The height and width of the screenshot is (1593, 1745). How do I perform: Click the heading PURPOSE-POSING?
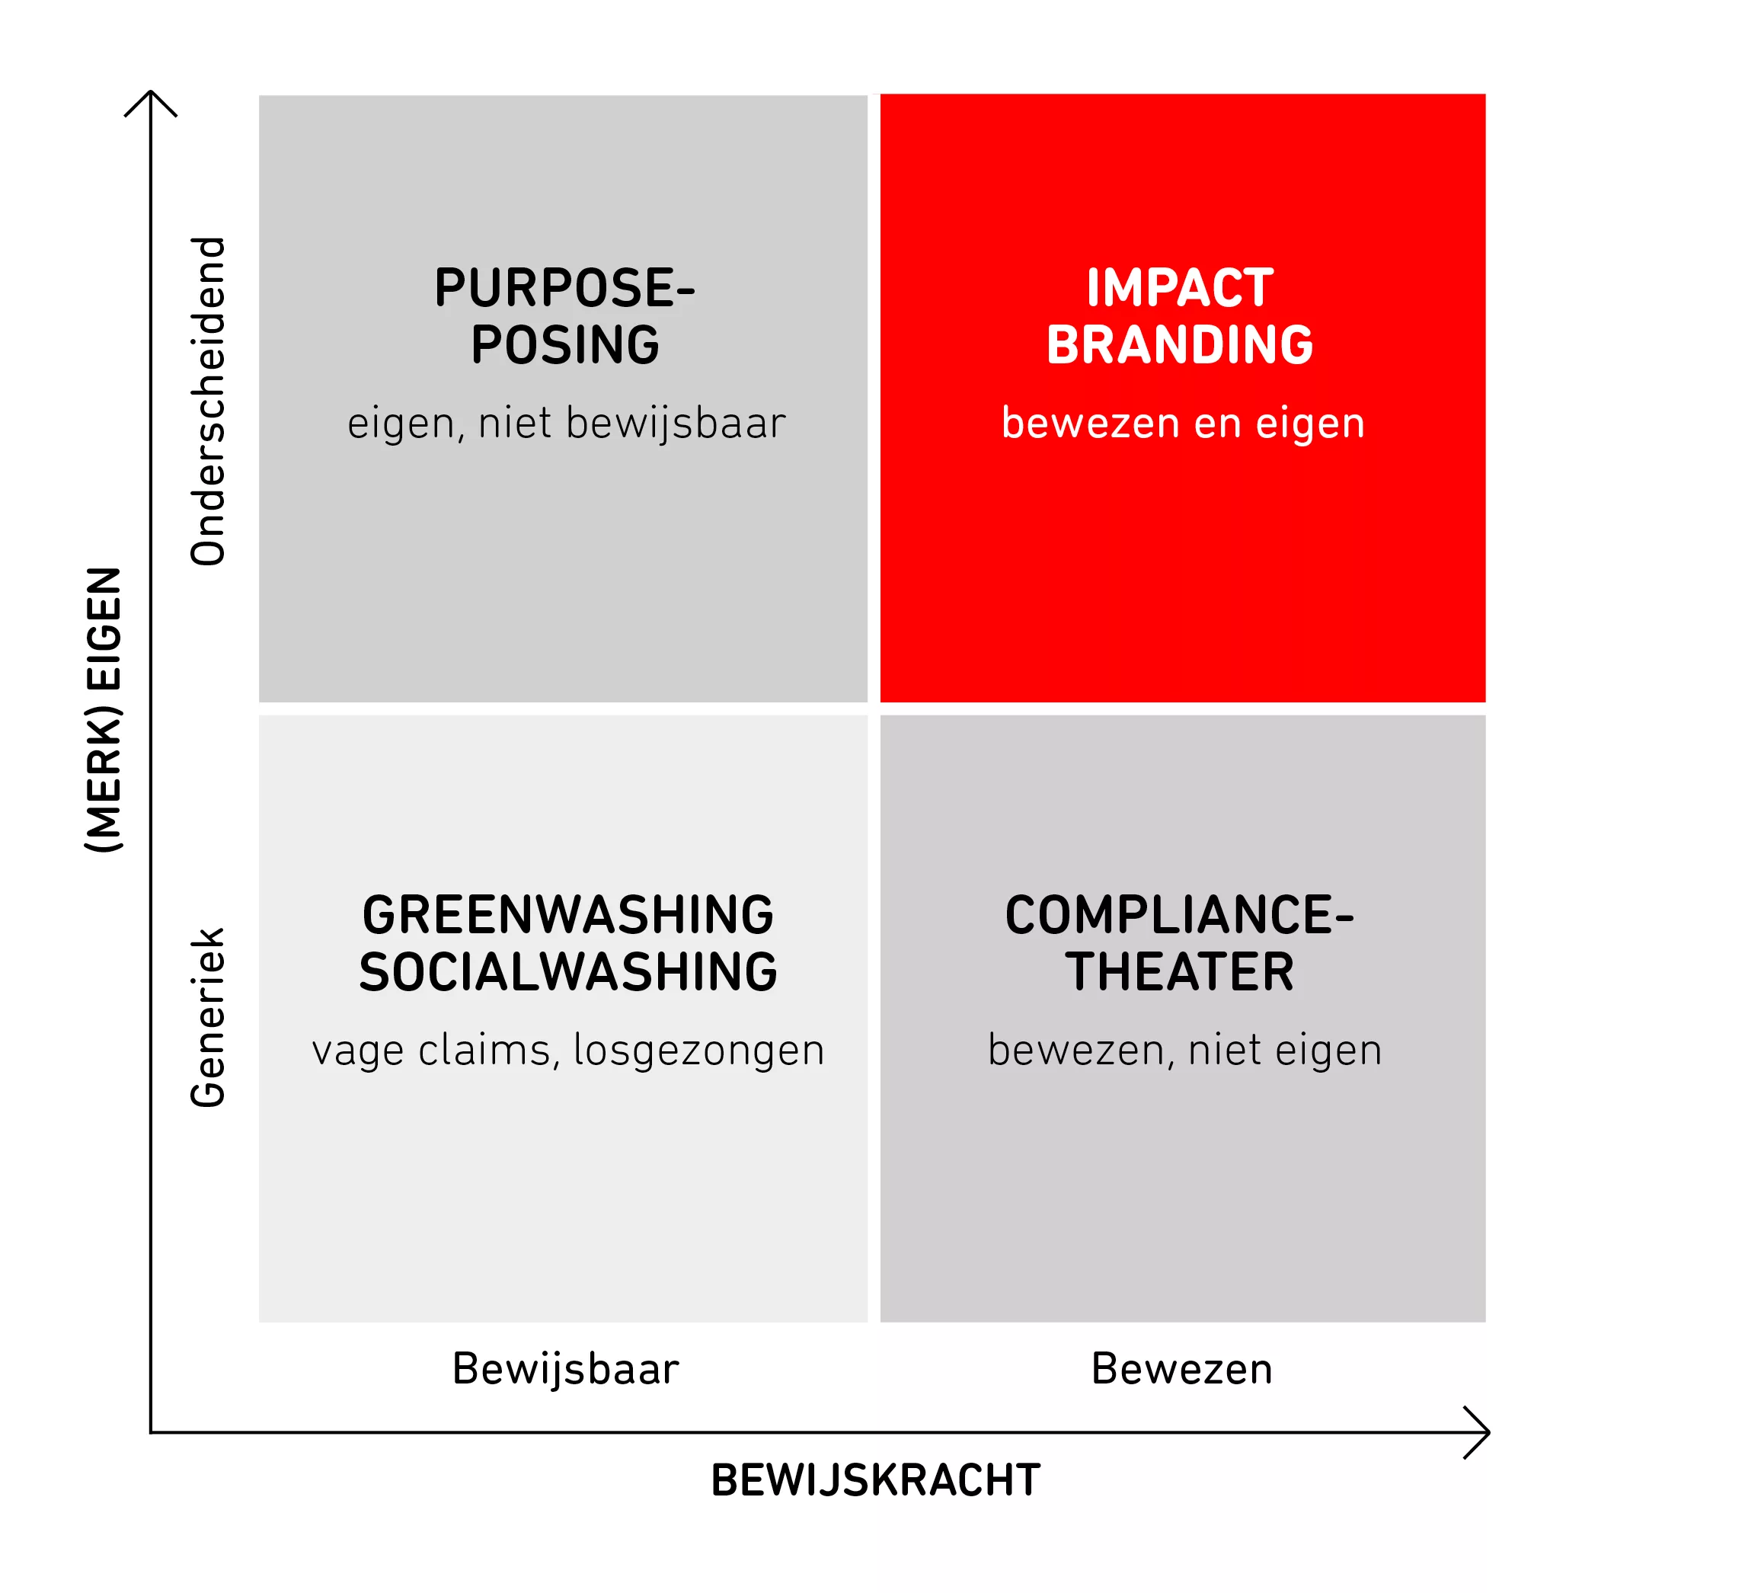click(x=565, y=316)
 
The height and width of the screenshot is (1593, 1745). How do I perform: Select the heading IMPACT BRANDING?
click(x=1180, y=316)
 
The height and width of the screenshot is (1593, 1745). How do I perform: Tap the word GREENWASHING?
click(x=567, y=915)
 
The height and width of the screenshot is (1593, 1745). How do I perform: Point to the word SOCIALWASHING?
click(x=567, y=972)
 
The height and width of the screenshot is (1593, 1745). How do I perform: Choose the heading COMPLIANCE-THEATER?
click(x=1180, y=943)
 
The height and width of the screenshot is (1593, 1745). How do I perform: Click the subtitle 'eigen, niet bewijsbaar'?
click(x=566, y=424)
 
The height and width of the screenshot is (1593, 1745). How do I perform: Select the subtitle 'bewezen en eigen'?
click(x=1183, y=424)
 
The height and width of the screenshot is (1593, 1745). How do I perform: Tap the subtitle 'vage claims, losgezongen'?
click(x=567, y=1050)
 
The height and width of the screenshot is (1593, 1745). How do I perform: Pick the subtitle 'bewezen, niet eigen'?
click(x=1185, y=1050)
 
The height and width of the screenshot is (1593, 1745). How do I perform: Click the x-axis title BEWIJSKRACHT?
click(x=875, y=1479)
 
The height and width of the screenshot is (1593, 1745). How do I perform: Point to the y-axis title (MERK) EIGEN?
click(x=104, y=710)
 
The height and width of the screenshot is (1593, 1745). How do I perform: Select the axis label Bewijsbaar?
click(x=565, y=1369)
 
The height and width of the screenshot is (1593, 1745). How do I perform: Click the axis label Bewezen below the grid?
click(x=1181, y=1369)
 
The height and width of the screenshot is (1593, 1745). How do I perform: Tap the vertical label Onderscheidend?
click(x=208, y=401)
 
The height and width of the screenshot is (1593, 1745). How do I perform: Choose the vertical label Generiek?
click(x=208, y=1017)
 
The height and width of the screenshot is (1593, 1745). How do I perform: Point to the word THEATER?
click(x=1180, y=972)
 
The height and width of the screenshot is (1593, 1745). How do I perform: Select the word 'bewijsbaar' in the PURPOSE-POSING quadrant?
click(x=676, y=424)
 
